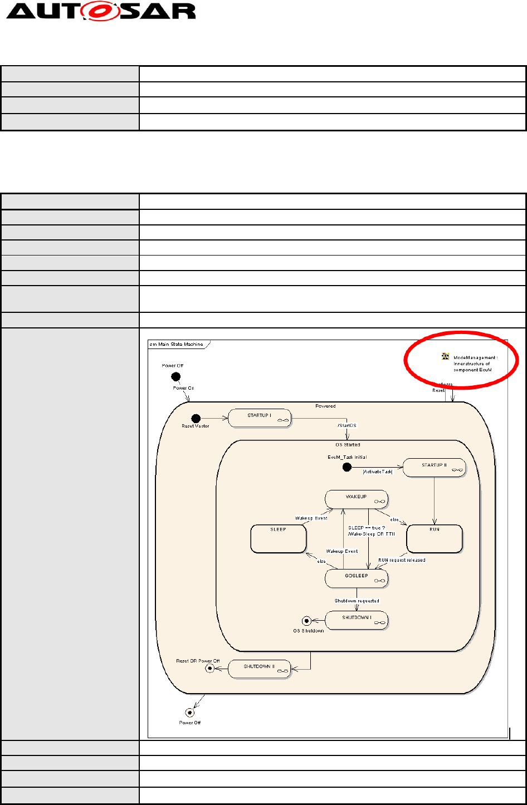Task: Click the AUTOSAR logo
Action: coord(101,11)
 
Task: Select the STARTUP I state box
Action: coord(259,418)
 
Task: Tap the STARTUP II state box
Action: coord(433,468)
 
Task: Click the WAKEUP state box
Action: coord(356,499)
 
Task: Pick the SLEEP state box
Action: coord(278,538)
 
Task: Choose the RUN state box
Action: coord(435,538)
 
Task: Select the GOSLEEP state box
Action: coord(356,578)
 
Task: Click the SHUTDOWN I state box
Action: coord(356,620)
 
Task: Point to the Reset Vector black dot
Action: coord(196,418)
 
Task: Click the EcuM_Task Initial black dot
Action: coord(347,467)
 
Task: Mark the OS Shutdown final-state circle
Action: coord(306,621)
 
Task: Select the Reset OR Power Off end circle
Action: coord(209,669)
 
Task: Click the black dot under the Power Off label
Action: coord(175,376)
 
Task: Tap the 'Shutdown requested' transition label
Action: coord(357,601)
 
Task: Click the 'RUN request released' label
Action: coord(402,560)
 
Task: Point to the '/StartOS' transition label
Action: coord(347,426)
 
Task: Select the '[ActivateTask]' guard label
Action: coord(378,472)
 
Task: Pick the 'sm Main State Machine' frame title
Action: coord(176,344)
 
